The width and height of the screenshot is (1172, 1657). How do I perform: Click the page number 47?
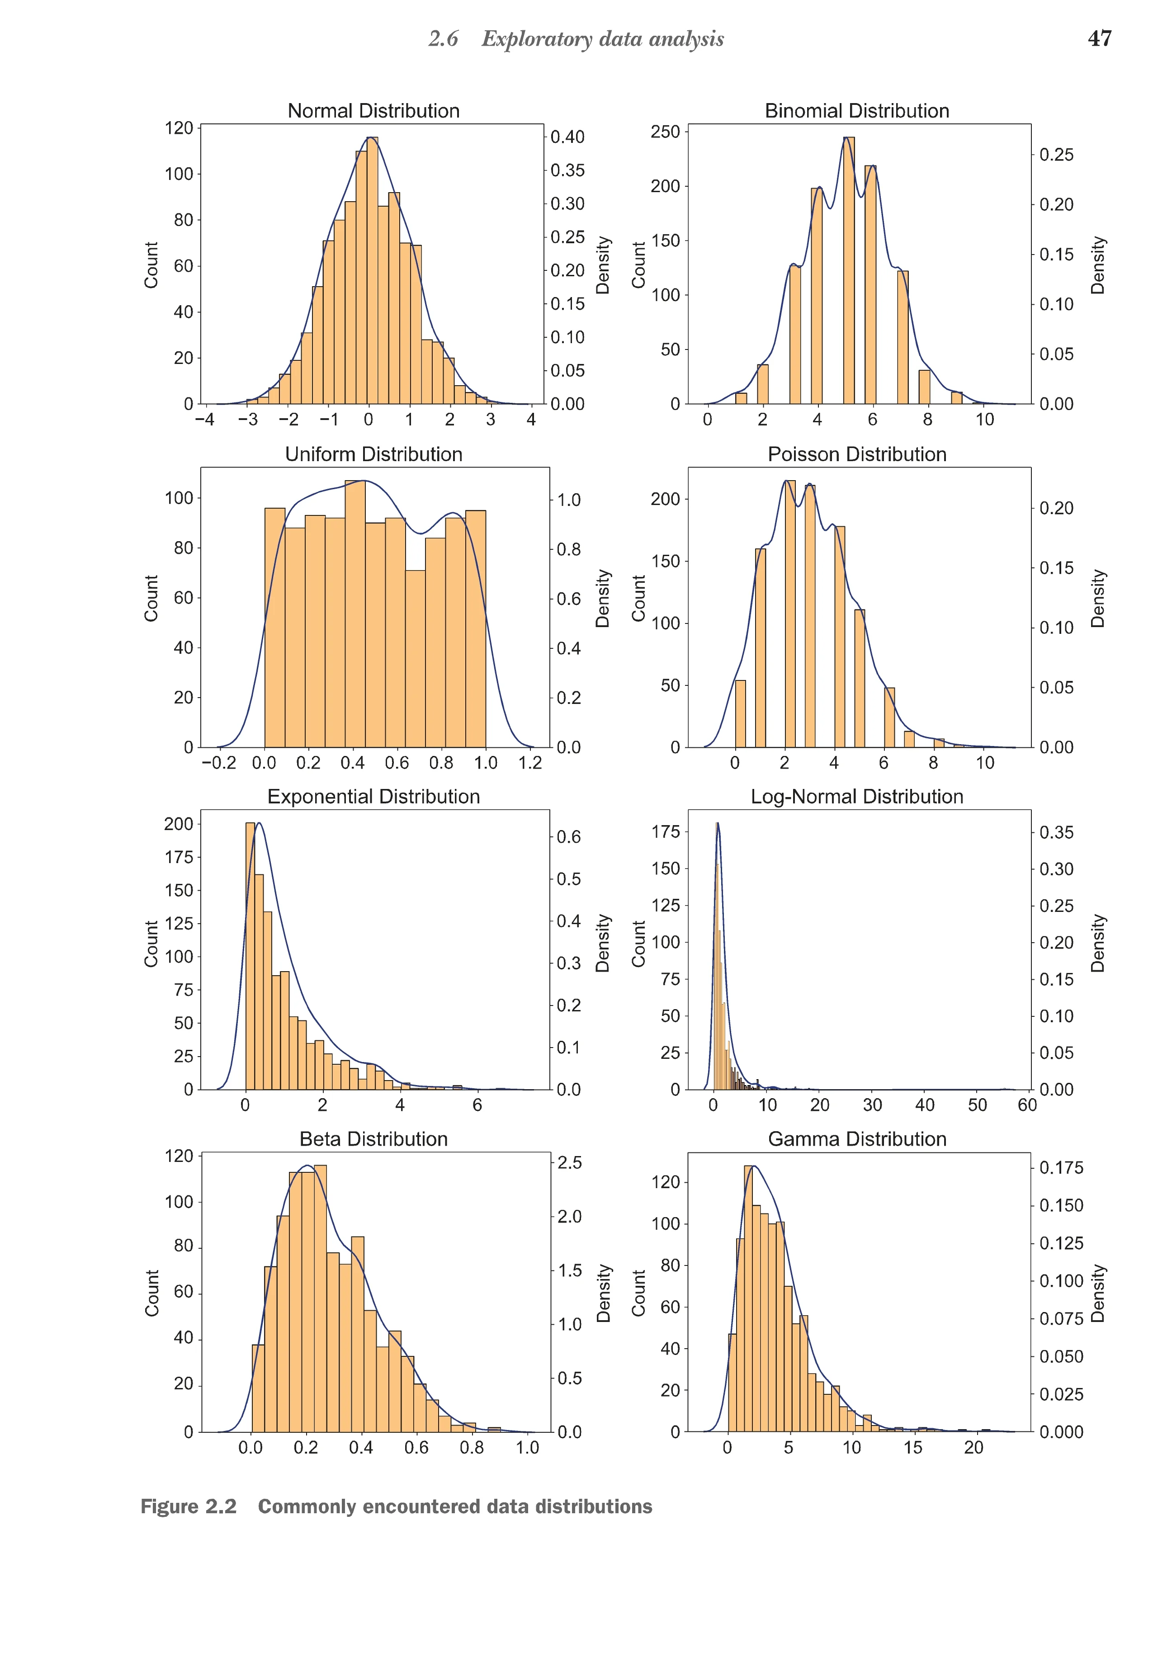(x=1099, y=38)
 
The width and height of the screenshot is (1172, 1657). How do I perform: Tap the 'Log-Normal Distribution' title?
(x=857, y=796)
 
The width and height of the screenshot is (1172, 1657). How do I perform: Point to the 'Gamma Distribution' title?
(x=857, y=1139)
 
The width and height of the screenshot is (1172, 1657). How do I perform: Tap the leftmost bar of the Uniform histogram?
(x=275, y=628)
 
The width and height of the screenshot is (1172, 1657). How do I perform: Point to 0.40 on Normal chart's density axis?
(x=567, y=137)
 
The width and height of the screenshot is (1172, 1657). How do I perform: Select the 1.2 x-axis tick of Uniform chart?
(x=530, y=763)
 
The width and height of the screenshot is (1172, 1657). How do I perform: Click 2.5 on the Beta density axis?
(x=569, y=1163)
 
